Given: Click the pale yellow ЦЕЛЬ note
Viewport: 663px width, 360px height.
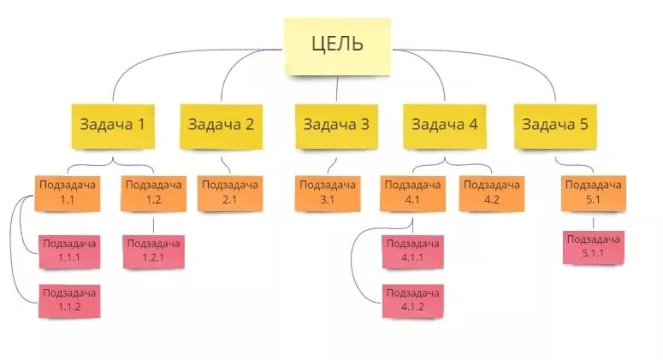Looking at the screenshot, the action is coord(337,46).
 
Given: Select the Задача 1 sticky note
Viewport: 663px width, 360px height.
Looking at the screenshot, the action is coord(113,127).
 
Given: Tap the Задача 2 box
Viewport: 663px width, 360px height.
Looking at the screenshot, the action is coord(221,127).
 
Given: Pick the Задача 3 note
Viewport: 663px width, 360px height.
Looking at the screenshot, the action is coord(336,127).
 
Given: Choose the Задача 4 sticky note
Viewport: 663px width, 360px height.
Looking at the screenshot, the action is coord(444,127).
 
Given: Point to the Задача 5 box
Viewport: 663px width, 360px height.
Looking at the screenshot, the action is coord(555,127).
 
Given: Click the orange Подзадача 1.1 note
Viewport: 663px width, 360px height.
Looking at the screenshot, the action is coord(68,193).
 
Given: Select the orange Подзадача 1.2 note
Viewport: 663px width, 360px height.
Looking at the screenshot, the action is coord(153,193).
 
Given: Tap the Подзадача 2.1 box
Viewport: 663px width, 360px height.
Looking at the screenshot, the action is coord(230,193).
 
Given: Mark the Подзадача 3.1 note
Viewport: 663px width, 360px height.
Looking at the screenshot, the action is coord(328,193).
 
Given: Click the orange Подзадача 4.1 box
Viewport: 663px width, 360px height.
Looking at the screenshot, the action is coord(412,193).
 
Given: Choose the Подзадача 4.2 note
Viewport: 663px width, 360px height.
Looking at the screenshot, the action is coord(492,193).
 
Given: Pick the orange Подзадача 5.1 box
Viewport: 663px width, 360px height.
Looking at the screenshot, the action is coord(593,193).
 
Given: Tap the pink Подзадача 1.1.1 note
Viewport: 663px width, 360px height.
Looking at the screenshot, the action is coord(70,252).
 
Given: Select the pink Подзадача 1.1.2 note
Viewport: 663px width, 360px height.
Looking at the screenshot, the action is coord(70,301).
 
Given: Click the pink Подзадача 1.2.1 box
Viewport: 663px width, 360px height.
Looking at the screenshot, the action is coord(153,252).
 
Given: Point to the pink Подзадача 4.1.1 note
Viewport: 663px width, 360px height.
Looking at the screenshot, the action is coord(412,252).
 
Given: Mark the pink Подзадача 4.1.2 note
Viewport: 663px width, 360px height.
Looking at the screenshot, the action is coord(412,301).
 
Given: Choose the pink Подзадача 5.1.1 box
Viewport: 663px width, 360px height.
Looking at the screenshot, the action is coord(593,248).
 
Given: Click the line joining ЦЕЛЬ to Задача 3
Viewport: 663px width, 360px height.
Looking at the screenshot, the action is coord(337,89).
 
